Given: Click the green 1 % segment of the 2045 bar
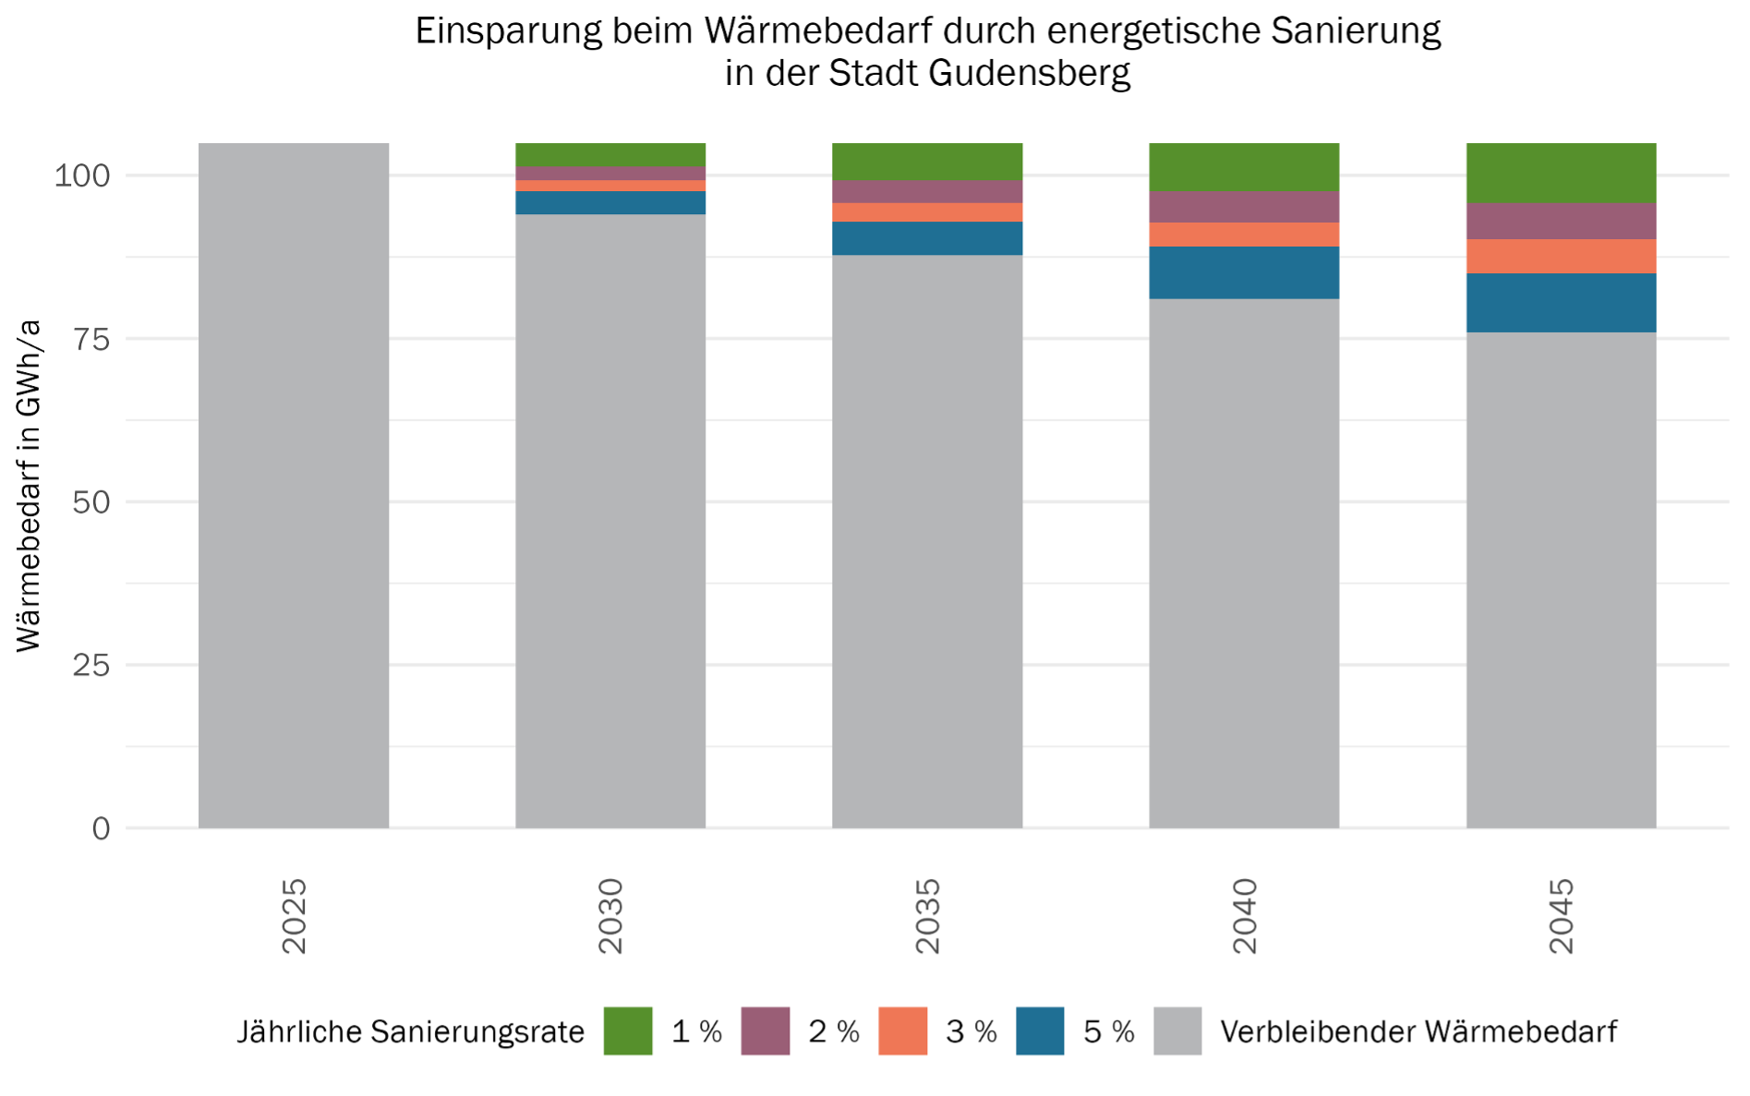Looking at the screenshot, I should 1561,173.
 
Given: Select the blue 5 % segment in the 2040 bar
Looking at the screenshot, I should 1244,272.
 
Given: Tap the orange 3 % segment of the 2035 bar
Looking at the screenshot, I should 927,212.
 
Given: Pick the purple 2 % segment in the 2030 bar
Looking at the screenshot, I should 610,174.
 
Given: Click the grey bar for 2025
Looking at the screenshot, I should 294,485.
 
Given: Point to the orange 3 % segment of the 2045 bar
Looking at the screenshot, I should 1561,256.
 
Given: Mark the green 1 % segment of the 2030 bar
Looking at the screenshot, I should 610,154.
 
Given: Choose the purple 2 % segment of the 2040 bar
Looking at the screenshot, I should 1244,207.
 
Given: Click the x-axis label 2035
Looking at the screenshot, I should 927,916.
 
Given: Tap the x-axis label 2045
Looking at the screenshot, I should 1561,916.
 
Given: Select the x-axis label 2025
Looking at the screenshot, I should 294,916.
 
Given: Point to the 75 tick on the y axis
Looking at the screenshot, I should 91,339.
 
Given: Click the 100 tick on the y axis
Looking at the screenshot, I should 82,175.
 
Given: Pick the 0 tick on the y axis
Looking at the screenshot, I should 101,828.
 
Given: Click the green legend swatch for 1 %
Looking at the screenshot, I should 628,1030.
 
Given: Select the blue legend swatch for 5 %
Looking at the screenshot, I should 1040,1030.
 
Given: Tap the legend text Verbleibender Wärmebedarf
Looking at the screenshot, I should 1418,1031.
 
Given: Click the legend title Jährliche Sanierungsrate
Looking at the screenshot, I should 411,1031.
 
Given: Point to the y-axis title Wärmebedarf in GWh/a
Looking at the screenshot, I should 29,486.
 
